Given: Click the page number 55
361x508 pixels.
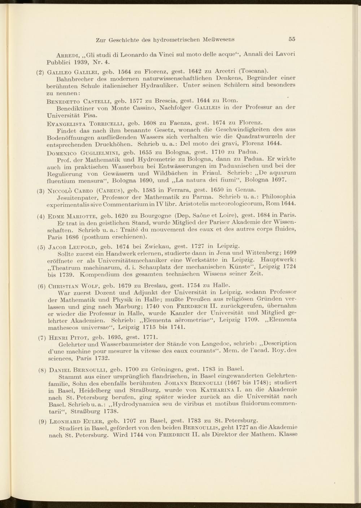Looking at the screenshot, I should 292,39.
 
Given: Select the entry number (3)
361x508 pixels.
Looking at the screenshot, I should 40,190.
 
